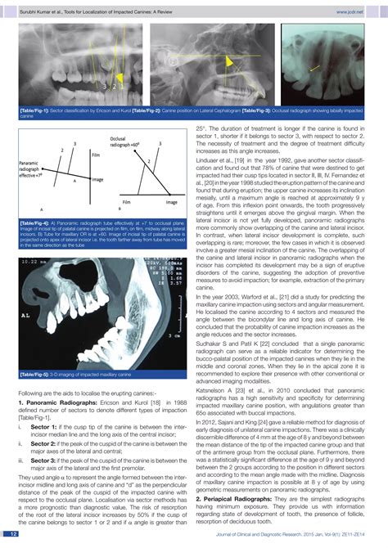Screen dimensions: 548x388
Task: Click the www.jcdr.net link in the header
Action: pos(359,12)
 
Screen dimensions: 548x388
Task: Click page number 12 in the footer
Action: pos(14,534)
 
